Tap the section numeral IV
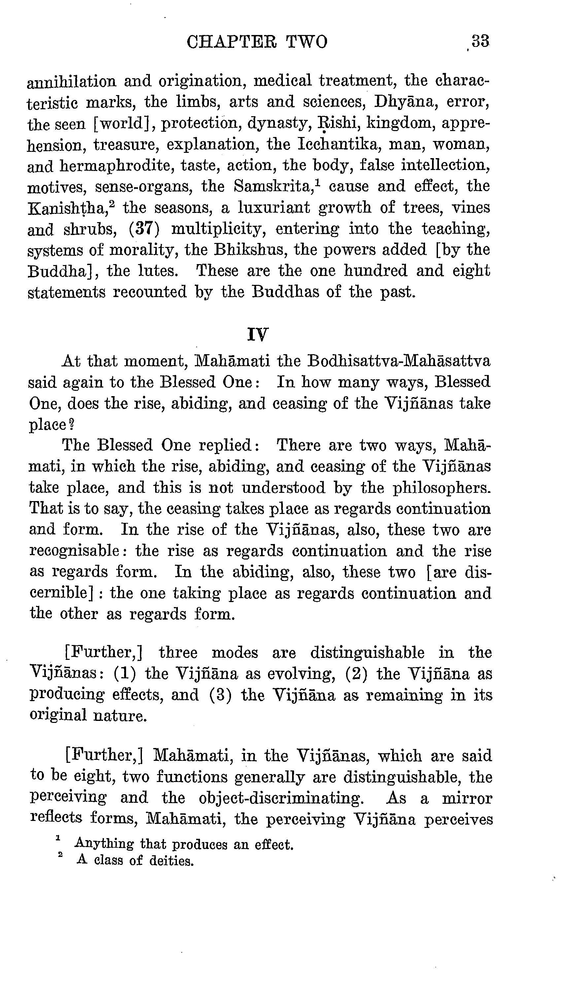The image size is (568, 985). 258,335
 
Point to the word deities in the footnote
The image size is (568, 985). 171,860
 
